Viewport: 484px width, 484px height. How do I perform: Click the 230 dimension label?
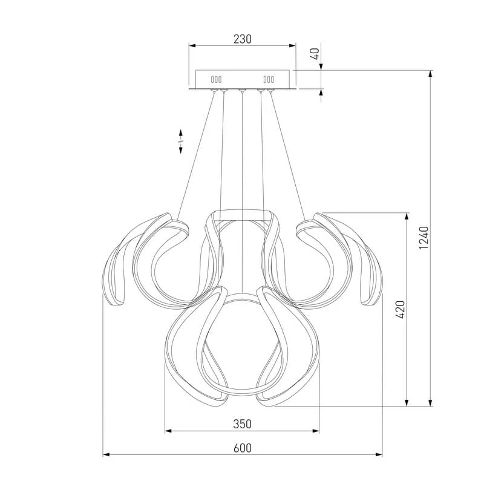(x=243, y=39)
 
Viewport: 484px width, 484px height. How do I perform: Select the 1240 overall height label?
(x=424, y=238)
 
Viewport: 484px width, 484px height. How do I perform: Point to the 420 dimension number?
(x=400, y=309)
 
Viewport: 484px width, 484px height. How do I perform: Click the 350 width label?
(x=243, y=424)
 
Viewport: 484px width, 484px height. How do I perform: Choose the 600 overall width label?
(x=243, y=448)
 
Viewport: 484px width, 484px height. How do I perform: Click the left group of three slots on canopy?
(x=216, y=80)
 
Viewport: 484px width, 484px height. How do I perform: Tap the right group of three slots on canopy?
(x=269, y=80)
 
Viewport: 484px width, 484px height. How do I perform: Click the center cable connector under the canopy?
(x=243, y=90)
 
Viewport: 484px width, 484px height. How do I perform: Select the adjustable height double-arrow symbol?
(x=180, y=142)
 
